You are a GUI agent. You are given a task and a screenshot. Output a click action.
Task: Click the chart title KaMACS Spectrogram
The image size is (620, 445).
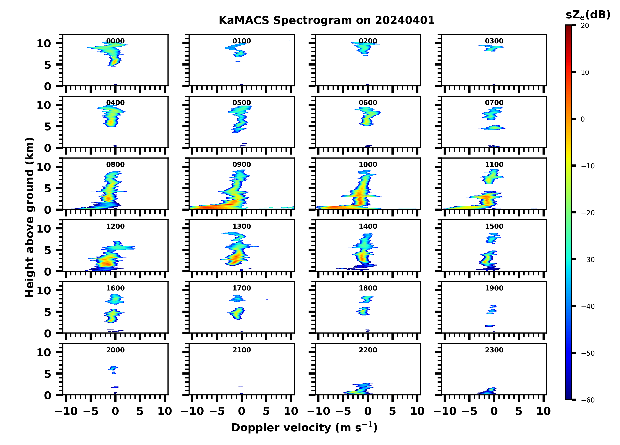(x=326, y=20)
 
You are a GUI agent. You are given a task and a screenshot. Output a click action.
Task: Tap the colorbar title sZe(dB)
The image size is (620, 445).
(x=588, y=15)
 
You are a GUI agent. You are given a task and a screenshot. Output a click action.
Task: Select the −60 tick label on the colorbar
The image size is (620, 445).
(x=588, y=400)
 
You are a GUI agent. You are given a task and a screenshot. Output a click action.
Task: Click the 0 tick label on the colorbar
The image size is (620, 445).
(x=583, y=119)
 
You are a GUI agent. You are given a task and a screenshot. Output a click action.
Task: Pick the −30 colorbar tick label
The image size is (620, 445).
(x=588, y=260)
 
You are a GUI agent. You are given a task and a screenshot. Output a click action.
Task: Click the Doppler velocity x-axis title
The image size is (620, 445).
(x=304, y=427)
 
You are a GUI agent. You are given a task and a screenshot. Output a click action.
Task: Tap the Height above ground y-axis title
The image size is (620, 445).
(x=29, y=217)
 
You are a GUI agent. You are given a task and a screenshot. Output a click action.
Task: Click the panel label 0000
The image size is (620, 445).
(x=115, y=41)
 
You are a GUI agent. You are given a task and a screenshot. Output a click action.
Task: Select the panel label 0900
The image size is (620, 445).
(x=242, y=164)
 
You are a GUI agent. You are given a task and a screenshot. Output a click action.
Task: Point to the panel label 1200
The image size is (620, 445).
(x=115, y=226)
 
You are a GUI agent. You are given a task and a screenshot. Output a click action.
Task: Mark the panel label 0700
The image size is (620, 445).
(x=494, y=103)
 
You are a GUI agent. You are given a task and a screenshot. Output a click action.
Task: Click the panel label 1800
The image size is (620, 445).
(x=368, y=288)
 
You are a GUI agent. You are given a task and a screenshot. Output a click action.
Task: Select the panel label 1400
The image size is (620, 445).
(x=368, y=226)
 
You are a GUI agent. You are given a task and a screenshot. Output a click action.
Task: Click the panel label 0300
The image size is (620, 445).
(x=494, y=41)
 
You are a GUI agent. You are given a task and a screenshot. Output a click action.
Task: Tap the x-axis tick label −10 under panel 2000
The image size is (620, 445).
(x=66, y=411)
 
